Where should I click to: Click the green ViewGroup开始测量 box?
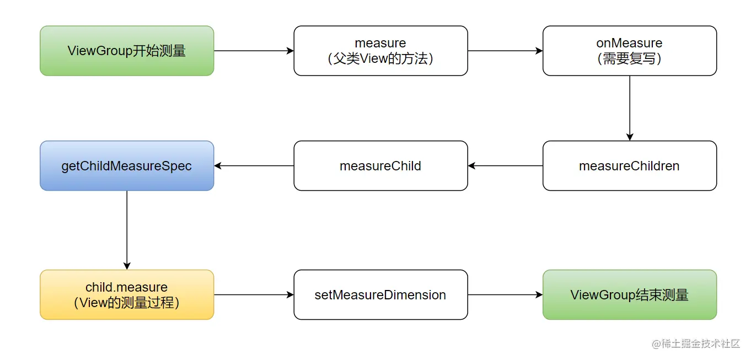point(127,51)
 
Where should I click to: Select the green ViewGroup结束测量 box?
point(629,295)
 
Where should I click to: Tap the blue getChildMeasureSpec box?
point(127,166)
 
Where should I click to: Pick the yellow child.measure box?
point(127,295)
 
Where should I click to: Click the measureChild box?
point(380,166)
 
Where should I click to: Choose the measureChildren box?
point(629,166)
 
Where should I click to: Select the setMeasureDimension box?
point(380,295)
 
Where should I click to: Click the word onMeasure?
point(629,43)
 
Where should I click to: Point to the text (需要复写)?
point(629,59)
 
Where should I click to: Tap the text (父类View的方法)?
point(380,59)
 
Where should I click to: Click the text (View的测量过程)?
point(127,303)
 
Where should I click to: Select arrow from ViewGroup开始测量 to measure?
point(254,51)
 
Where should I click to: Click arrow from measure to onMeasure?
point(505,51)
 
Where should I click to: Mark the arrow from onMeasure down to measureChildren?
point(630,108)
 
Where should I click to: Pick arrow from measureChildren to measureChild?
point(505,166)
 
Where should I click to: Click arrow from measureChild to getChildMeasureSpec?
point(254,166)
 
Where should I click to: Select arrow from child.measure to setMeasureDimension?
point(254,295)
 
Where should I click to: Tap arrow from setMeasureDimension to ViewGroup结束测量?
point(505,295)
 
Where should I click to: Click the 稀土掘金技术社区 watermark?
point(696,343)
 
